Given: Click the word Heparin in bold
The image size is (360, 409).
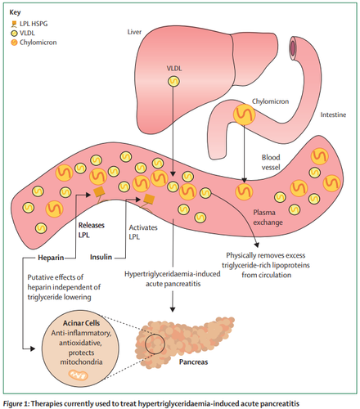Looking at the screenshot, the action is click(51, 258).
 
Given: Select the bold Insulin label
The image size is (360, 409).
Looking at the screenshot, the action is click(101, 257).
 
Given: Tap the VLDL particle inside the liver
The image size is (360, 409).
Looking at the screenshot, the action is click(173, 81).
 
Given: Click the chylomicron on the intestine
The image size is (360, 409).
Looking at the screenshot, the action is click(244, 115).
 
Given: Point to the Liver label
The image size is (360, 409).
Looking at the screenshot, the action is click(134, 32).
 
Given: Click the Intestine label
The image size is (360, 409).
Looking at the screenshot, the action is click(333, 115).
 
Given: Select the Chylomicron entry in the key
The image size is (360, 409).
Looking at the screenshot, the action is click(34, 43).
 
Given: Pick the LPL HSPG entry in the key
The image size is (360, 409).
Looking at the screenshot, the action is click(29, 24).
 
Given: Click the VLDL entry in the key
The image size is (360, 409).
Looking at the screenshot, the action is click(23, 33).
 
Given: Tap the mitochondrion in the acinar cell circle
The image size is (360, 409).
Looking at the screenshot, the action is click(78, 375).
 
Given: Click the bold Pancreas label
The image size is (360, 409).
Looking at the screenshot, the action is click(193, 362).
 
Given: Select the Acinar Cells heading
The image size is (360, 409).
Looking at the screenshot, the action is click(81, 323).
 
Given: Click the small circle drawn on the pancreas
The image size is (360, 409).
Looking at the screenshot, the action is click(155, 344).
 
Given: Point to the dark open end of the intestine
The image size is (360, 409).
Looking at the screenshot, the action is click(292, 48).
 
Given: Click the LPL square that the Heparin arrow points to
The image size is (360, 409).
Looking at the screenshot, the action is click(99, 191).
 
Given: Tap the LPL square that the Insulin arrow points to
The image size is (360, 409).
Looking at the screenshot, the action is click(149, 200).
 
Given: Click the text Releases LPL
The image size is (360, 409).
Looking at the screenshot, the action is click(91, 230).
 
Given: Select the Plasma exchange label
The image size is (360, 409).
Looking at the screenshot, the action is click(268, 218).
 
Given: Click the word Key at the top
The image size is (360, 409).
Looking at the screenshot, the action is click(15, 12).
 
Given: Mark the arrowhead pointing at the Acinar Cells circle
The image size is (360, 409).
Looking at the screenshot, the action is click(33, 348).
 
